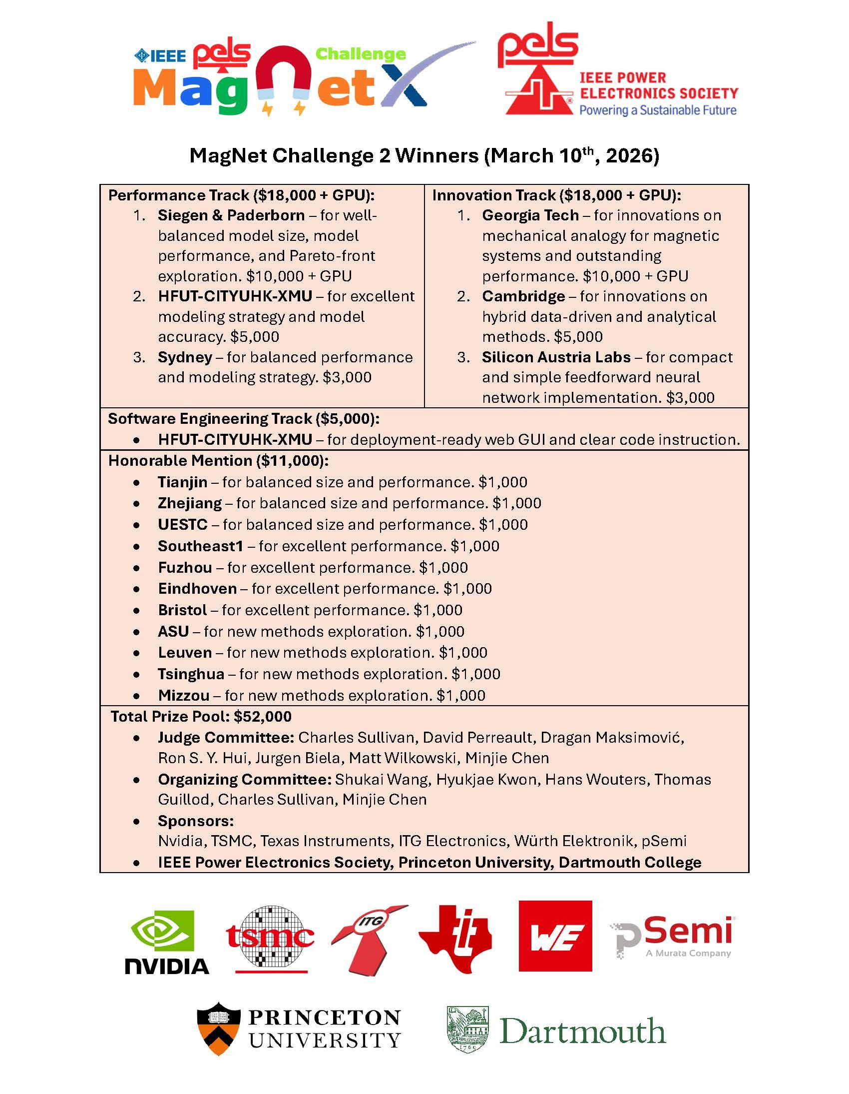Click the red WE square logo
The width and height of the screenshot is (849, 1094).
[555, 936]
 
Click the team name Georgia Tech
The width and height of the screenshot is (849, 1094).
[530, 215]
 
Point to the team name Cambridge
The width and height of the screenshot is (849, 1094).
[523, 296]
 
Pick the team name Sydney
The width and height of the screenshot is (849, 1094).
[185, 357]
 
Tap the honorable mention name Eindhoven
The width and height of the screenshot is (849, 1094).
[197, 588]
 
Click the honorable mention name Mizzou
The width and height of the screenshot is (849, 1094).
[184, 695]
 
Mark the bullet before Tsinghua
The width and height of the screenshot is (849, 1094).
[137, 674]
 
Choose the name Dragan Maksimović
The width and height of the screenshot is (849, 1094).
[611, 737]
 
